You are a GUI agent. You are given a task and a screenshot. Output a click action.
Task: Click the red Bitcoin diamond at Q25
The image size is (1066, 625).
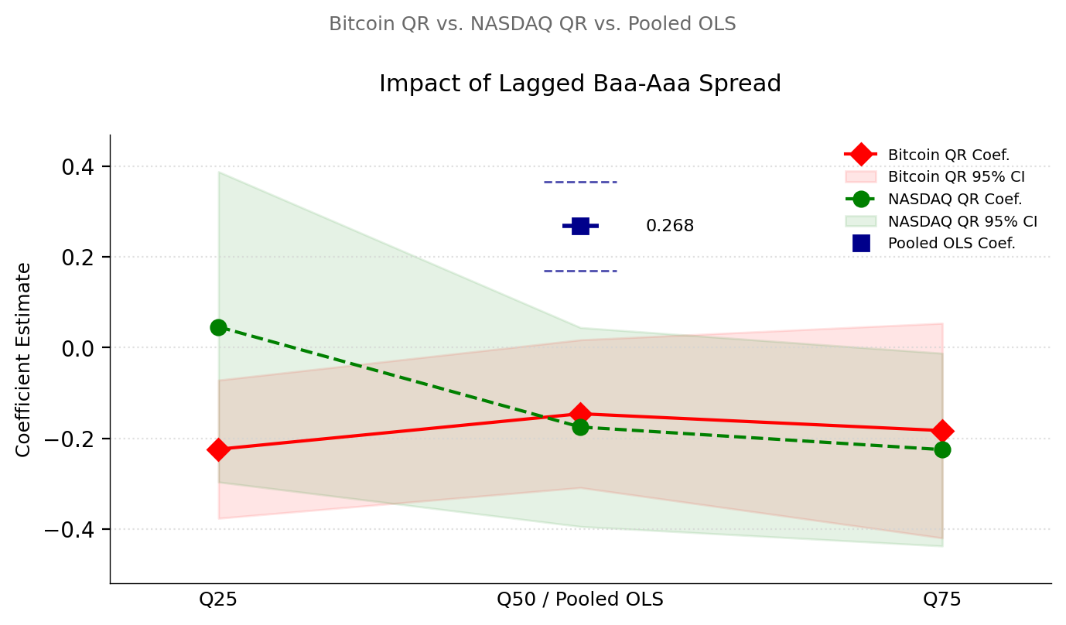(x=218, y=449)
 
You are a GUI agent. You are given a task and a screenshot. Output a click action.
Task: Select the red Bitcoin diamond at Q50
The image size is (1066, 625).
(x=580, y=414)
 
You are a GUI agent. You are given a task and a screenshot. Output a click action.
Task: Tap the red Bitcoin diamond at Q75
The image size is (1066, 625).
(x=942, y=431)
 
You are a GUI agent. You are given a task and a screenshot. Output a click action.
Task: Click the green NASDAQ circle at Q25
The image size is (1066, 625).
(x=218, y=327)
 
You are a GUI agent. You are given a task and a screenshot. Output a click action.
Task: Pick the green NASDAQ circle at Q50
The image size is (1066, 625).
(x=580, y=427)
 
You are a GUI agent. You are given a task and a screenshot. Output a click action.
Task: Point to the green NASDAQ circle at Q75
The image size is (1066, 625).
(x=942, y=449)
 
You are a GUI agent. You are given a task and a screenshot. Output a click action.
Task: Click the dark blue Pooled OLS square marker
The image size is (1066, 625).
(x=580, y=226)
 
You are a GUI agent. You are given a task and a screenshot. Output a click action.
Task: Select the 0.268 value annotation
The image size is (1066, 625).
(x=670, y=226)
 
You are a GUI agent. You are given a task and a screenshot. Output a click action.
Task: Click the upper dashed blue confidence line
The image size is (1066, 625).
(x=580, y=182)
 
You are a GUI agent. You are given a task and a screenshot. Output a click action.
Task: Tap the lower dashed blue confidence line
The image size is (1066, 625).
(x=580, y=271)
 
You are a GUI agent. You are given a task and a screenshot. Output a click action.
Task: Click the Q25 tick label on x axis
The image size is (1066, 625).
(x=218, y=599)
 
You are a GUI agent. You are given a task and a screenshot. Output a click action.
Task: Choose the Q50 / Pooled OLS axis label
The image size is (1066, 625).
(x=580, y=599)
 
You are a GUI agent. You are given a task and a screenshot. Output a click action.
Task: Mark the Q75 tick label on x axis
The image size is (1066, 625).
(x=942, y=599)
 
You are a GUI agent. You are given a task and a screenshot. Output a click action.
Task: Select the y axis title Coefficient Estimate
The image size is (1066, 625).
(x=24, y=359)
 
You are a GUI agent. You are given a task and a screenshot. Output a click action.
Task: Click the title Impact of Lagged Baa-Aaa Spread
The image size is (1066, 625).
(x=580, y=84)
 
